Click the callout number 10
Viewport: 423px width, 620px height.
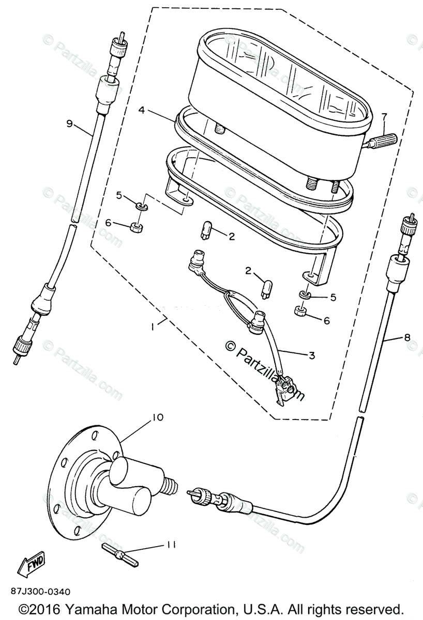[157, 417]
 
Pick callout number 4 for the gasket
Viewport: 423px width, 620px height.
[142, 110]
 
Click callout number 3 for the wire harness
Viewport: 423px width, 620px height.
[311, 355]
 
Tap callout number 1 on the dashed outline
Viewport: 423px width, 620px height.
[153, 327]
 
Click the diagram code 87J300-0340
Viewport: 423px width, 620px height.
[40, 591]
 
